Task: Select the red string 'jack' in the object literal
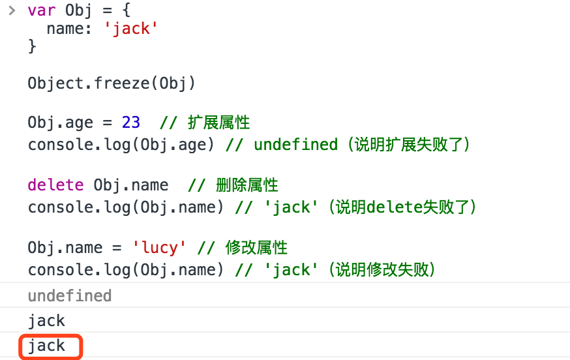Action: tap(131, 29)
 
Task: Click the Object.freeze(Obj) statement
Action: tap(112, 83)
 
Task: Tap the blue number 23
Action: tap(130, 123)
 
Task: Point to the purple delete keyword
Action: tap(55, 185)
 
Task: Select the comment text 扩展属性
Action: tap(218, 123)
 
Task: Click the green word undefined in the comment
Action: tap(295, 144)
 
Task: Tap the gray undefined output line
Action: tap(70, 296)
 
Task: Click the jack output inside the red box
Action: tap(47, 346)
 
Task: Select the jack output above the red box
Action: tap(47, 321)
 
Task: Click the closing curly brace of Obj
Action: tap(32, 46)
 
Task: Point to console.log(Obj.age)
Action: tap(121, 144)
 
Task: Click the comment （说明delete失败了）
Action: tap(403, 207)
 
